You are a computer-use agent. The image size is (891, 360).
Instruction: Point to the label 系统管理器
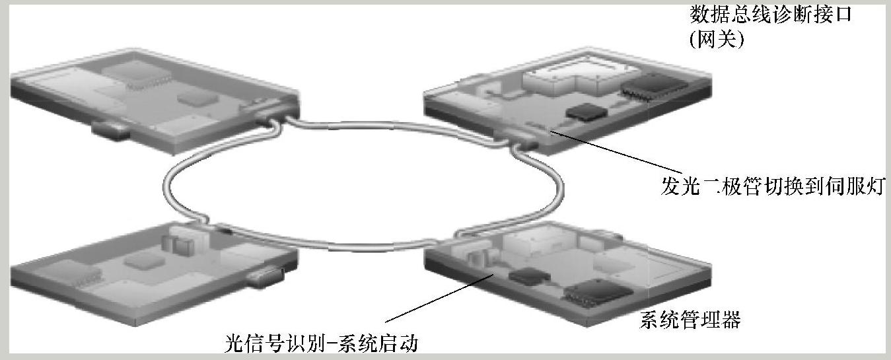690,321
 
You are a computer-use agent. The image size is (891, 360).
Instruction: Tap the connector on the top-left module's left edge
110,129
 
